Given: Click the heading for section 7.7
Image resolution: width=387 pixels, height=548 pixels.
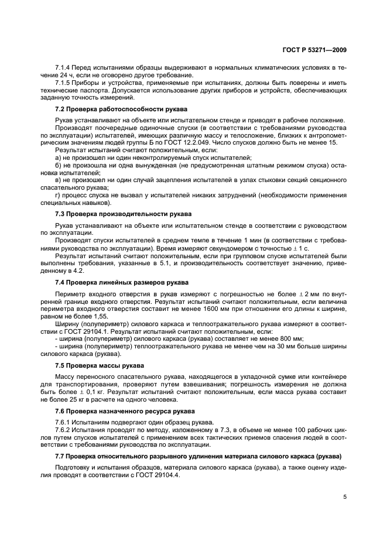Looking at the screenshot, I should (x=197, y=455).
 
